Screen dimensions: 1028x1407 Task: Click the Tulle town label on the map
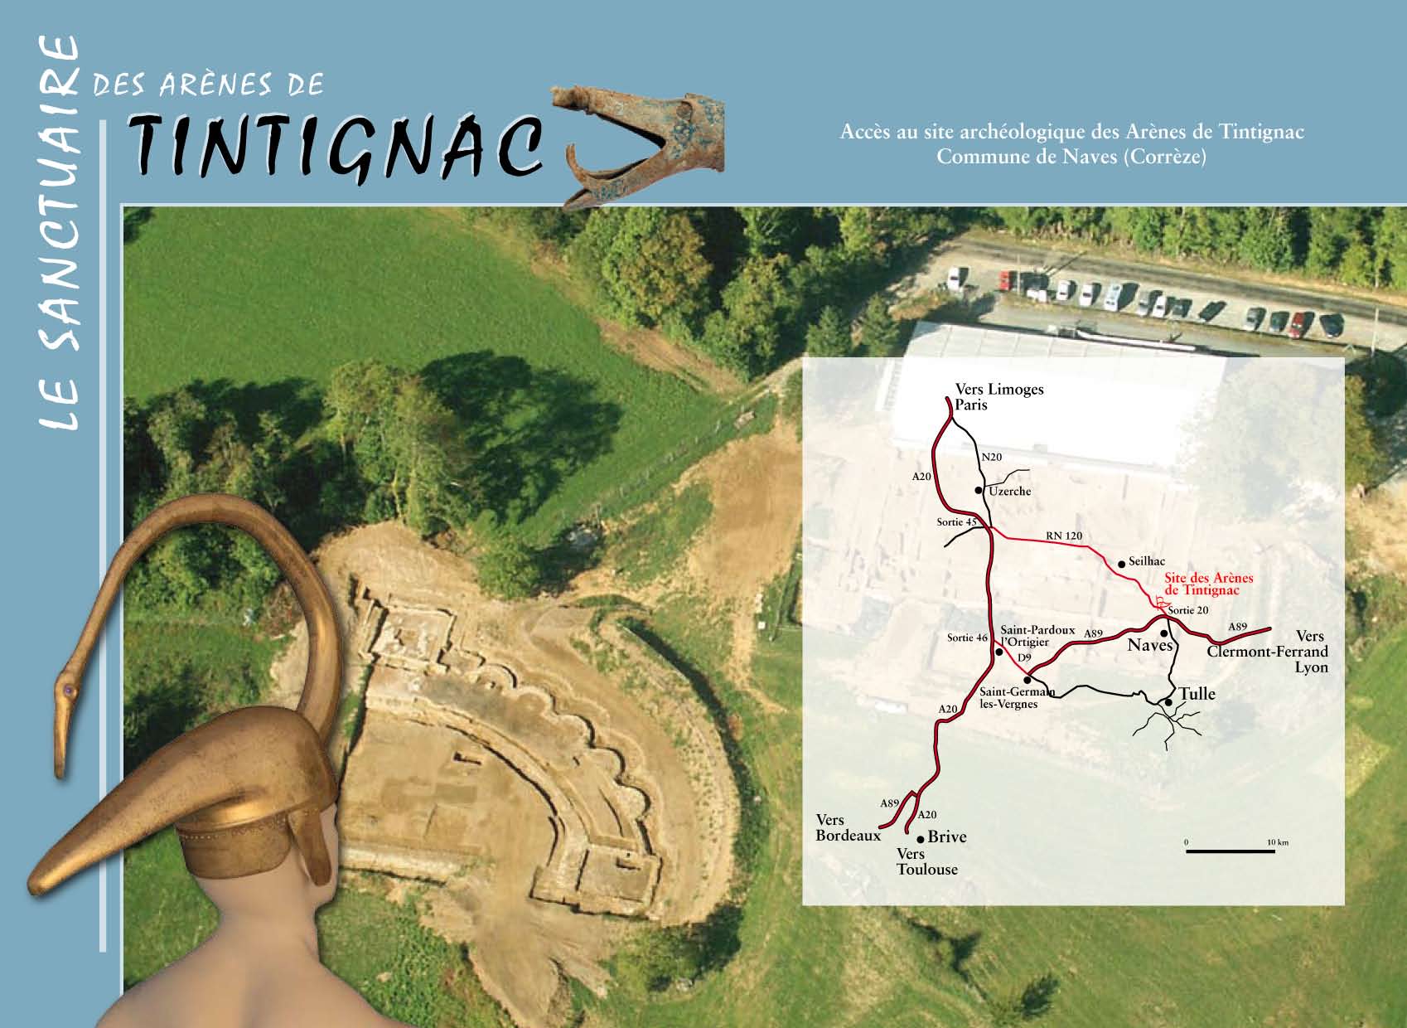coord(1197,693)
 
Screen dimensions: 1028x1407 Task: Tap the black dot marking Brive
coord(921,839)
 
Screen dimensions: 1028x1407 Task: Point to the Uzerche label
coord(1009,491)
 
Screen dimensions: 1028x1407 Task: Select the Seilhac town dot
coord(1122,564)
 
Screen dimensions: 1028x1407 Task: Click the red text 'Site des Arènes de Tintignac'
coord(1208,584)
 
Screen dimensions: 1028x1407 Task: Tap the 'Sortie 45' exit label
coord(957,522)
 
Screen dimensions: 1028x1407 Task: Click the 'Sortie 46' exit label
coord(967,638)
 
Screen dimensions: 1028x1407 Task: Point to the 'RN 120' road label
coord(1064,536)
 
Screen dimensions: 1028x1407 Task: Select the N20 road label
coord(992,457)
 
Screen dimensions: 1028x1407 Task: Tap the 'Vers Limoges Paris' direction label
coord(998,396)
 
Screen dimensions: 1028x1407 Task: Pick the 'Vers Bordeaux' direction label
coord(848,827)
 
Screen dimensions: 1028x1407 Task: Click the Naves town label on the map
coord(1150,645)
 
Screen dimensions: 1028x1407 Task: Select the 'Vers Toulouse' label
coord(926,861)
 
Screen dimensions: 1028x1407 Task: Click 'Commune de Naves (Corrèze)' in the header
coord(1071,156)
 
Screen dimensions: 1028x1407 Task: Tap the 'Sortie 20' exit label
coord(1188,610)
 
